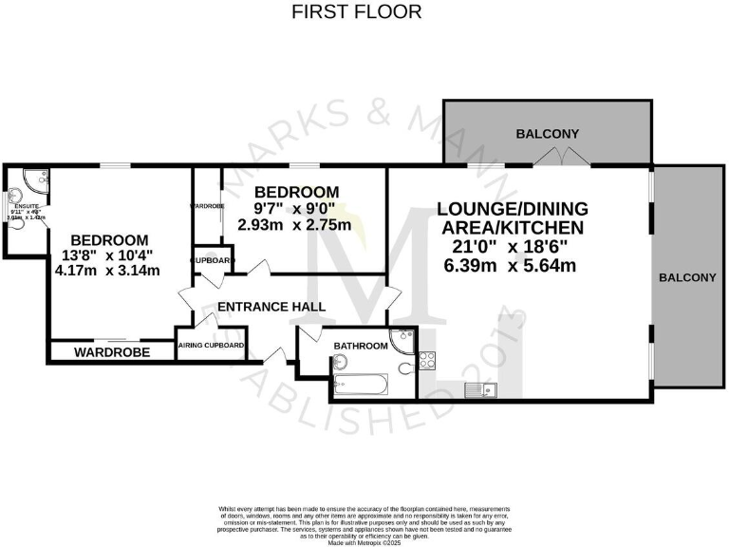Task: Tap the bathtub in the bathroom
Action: click(361, 386)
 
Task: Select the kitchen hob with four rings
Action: click(426, 361)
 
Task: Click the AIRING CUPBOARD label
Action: click(212, 347)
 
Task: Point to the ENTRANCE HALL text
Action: click(271, 308)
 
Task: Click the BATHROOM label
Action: click(359, 347)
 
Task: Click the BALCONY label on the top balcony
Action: click(547, 134)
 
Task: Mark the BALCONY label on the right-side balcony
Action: click(688, 277)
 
